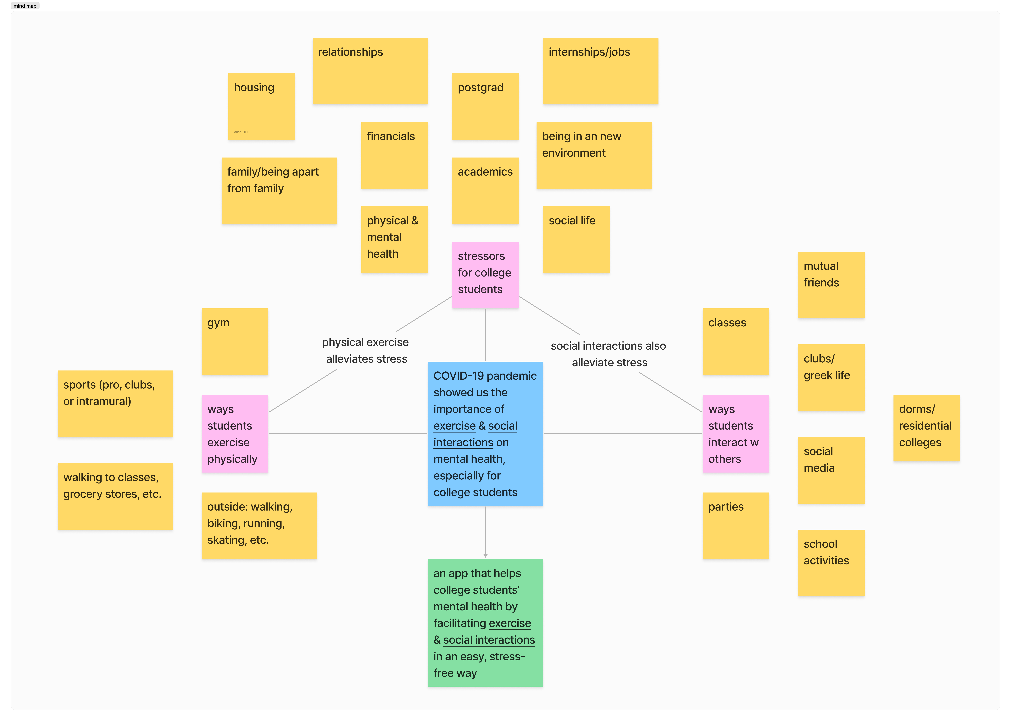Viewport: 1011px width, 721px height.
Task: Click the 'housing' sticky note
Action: click(x=261, y=106)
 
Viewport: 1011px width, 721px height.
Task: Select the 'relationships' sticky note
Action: click(x=370, y=71)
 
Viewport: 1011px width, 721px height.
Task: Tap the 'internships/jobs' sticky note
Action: click(x=600, y=71)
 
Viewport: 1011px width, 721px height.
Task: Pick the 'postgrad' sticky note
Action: click(x=485, y=106)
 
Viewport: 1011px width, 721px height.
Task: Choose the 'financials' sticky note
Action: click(x=394, y=155)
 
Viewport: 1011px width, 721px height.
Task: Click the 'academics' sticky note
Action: click(x=485, y=191)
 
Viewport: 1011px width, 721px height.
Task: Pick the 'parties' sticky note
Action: click(x=736, y=526)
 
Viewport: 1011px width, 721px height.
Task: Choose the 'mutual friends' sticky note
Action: click(x=831, y=285)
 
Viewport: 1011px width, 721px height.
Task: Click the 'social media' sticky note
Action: click(x=831, y=470)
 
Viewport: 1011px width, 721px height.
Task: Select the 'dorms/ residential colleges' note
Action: click(x=926, y=428)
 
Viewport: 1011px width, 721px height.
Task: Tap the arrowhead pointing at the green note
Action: click(x=485, y=555)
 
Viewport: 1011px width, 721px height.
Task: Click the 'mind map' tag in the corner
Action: click(x=25, y=6)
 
